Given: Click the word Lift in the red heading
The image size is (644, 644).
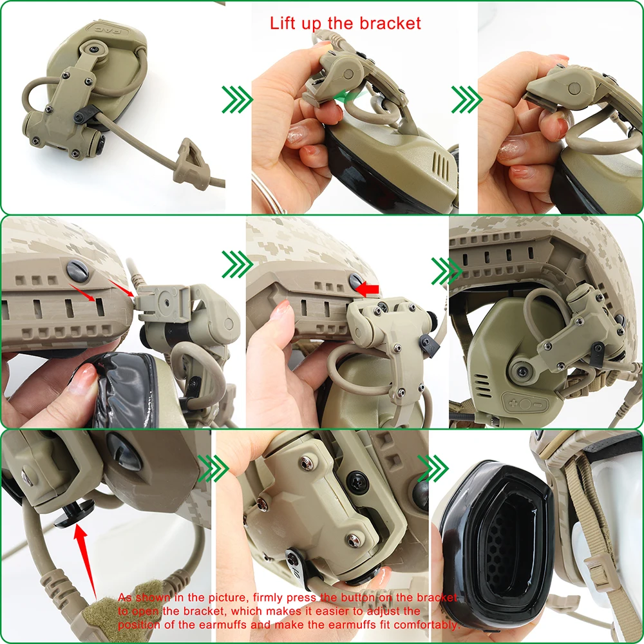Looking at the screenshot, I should (x=283, y=24).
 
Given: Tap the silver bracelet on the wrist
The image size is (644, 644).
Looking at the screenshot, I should (x=270, y=194).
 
